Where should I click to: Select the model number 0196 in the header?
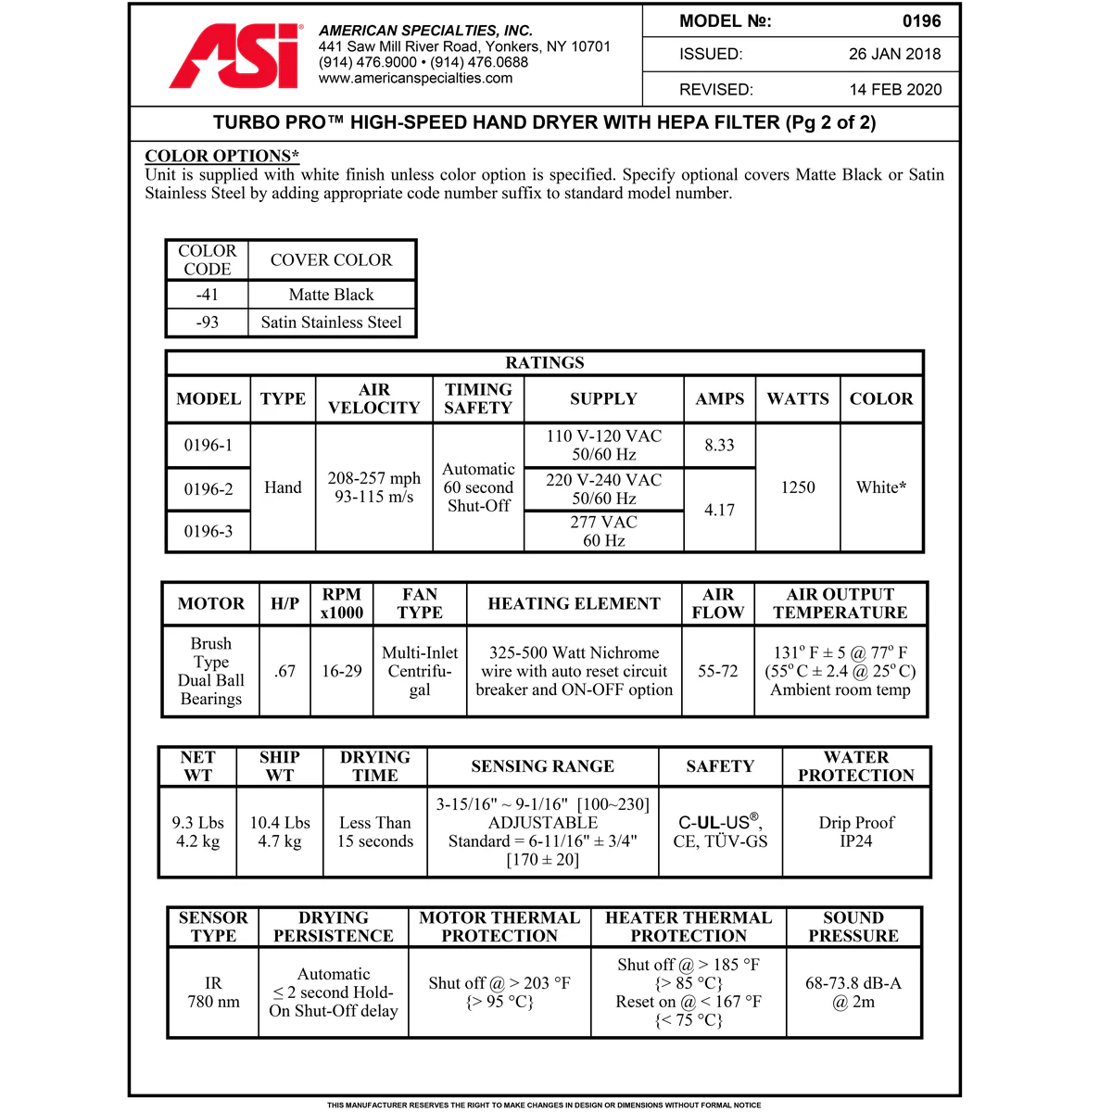point(921,21)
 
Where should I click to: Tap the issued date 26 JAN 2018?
point(894,54)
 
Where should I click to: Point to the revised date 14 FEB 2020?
point(895,90)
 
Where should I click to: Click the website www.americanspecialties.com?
point(415,79)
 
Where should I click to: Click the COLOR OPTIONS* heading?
point(222,156)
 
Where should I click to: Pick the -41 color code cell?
point(208,295)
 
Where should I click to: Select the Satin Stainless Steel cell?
point(331,322)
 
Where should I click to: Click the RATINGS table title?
point(545,362)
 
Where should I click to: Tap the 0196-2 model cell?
point(208,489)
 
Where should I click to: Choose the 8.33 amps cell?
point(719,446)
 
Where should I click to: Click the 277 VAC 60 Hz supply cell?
point(603,531)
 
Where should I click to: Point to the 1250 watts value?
point(798,487)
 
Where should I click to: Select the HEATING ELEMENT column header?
point(574,604)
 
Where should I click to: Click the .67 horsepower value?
point(284,671)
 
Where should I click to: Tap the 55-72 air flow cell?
point(717,671)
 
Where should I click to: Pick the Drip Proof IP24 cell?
point(856,831)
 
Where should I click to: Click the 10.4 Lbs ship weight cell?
point(280,831)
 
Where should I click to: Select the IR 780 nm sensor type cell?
point(213,992)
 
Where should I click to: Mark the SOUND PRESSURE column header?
point(853,927)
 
